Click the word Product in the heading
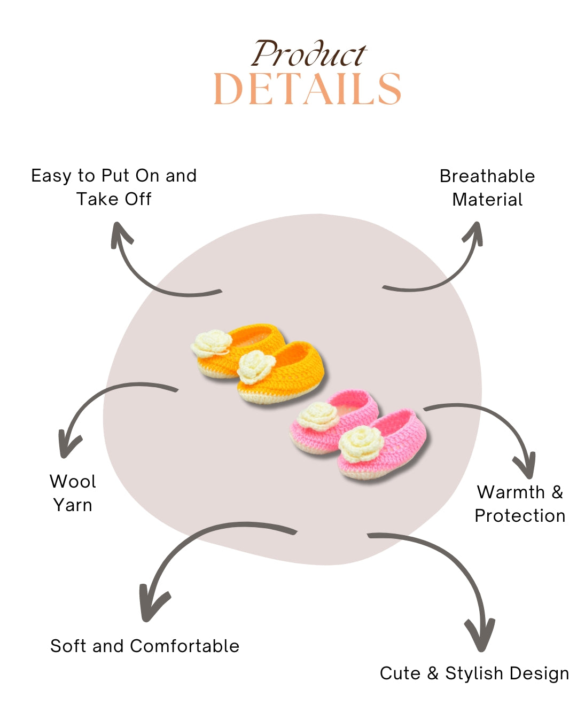(x=309, y=54)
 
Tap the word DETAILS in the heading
(x=307, y=89)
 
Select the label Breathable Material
(x=487, y=187)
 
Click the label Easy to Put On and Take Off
(x=114, y=187)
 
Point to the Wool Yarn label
(x=73, y=493)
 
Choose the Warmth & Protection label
(x=520, y=504)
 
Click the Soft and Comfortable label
(x=145, y=646)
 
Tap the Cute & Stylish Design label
(x=474, y=673)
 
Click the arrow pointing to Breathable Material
(x=443, y=272)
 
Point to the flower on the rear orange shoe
(x=212, y=342)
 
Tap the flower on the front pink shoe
(x=360, y=443)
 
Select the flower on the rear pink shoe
(x=318, y=415)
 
